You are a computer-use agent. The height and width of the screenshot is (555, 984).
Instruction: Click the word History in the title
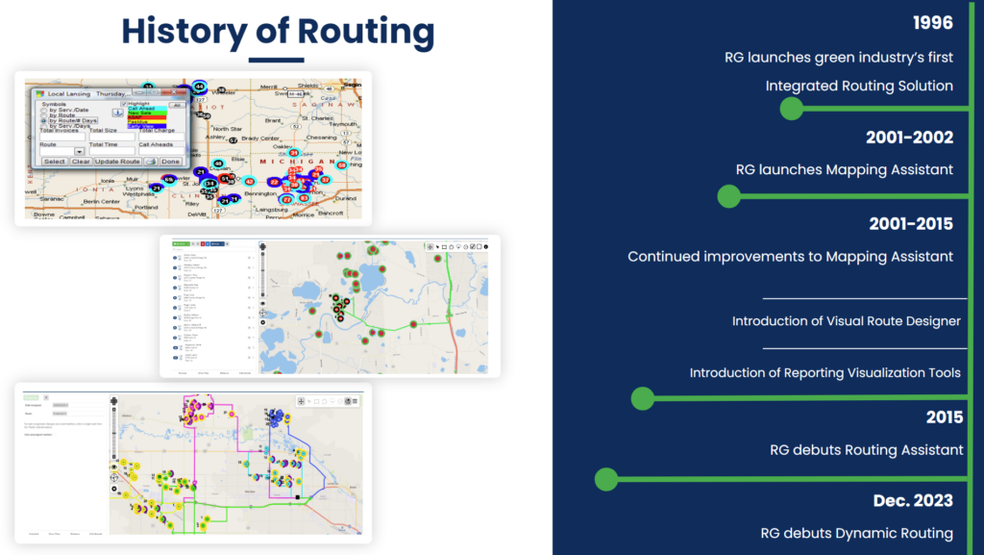[x=184, y=33]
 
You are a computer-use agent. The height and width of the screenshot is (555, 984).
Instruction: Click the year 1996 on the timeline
[x=932, y=23]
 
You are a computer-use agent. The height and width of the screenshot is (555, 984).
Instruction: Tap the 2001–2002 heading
[x=908, y=138]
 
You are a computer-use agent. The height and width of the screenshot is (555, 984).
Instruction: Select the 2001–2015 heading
[x=908, y=224]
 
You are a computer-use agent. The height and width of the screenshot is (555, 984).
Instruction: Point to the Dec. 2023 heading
[x=913, y=500]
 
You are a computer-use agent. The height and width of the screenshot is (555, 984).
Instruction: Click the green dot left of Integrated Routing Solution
[x=791, y=108]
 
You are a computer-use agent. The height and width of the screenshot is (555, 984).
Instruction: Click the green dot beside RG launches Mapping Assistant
[x=728, y=196]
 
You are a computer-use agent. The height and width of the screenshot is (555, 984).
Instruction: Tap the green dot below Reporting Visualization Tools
[x=642, y=397]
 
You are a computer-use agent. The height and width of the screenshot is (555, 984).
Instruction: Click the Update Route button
[x=116, y=162]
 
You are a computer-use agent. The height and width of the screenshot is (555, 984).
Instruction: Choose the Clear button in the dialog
[x=80, y=162]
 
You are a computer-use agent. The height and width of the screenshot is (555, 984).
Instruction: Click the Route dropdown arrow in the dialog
[x=79, y=152]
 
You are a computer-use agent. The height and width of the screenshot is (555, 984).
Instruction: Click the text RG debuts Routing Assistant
[x=866, y=449]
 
